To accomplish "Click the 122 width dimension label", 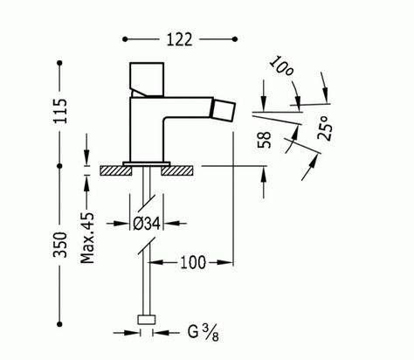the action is tap(179, 39).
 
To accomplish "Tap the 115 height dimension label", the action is tap(60, 111).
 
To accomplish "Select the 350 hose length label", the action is tap(60, 245).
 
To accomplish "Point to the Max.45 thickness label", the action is tap(87, 238).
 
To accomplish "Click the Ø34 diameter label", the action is tap(147, 224).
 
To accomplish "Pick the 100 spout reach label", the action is tap(193, 262).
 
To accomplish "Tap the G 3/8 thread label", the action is tap(204, 333).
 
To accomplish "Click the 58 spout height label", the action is tap(265, 140).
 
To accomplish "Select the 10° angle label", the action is tap(280, 66).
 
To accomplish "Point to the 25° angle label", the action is tap(325, 128).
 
